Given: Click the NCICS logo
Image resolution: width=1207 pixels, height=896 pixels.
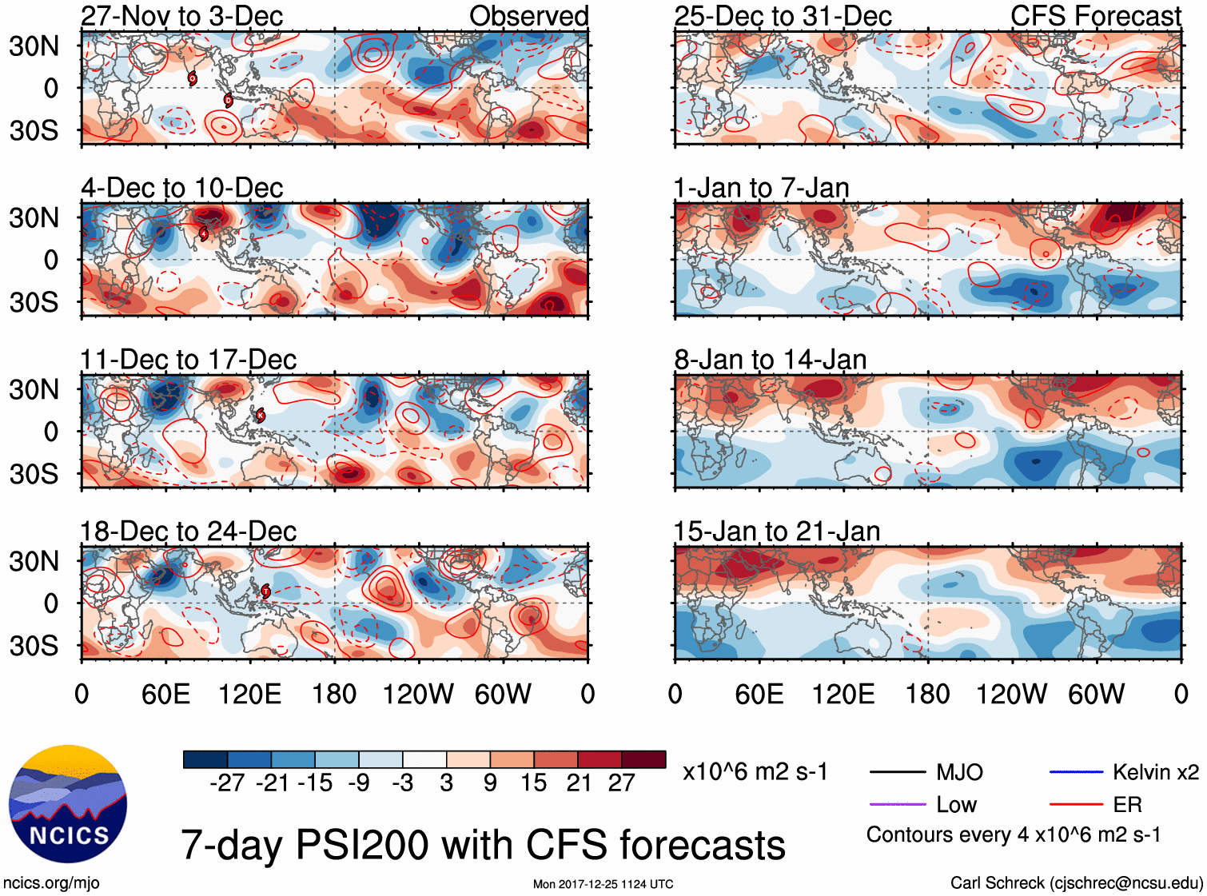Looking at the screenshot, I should coord(68,804).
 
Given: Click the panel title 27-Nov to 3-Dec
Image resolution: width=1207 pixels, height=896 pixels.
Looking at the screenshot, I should coord(181,16).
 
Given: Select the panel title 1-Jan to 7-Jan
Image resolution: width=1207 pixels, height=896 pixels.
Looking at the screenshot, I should coord(761,188).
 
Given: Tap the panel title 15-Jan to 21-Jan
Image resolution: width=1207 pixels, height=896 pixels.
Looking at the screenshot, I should coord(777,532).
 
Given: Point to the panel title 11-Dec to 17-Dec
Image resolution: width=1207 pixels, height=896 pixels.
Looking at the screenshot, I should coord(189,360).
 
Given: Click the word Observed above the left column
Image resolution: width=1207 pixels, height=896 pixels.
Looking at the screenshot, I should coord(529,16).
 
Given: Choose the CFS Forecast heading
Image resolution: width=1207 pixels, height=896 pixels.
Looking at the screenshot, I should coord(1096,16).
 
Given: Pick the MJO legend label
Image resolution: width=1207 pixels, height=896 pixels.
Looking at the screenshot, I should coord(959,772).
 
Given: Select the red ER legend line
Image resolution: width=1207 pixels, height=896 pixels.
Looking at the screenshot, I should coord(1076,805).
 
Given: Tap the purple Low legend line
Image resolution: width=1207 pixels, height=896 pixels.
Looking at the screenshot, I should coord(897,805).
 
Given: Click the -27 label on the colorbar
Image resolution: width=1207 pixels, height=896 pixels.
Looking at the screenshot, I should coord(227,783).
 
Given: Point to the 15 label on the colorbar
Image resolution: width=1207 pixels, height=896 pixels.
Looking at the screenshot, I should coord(534,783).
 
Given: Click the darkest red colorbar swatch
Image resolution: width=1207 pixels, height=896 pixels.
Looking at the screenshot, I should coord(643,759).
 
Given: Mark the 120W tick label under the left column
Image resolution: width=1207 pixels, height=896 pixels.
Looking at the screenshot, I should coord(418,694).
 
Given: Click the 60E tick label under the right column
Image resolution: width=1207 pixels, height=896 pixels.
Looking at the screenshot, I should coord(759,694).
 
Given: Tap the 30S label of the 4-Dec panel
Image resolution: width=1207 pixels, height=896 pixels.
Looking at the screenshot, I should coord(34,302).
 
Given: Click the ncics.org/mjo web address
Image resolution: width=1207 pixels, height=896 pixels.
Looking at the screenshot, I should coord(51,883).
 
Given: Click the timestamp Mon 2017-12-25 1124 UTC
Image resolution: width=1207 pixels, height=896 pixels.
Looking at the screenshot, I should coord(603,884).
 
